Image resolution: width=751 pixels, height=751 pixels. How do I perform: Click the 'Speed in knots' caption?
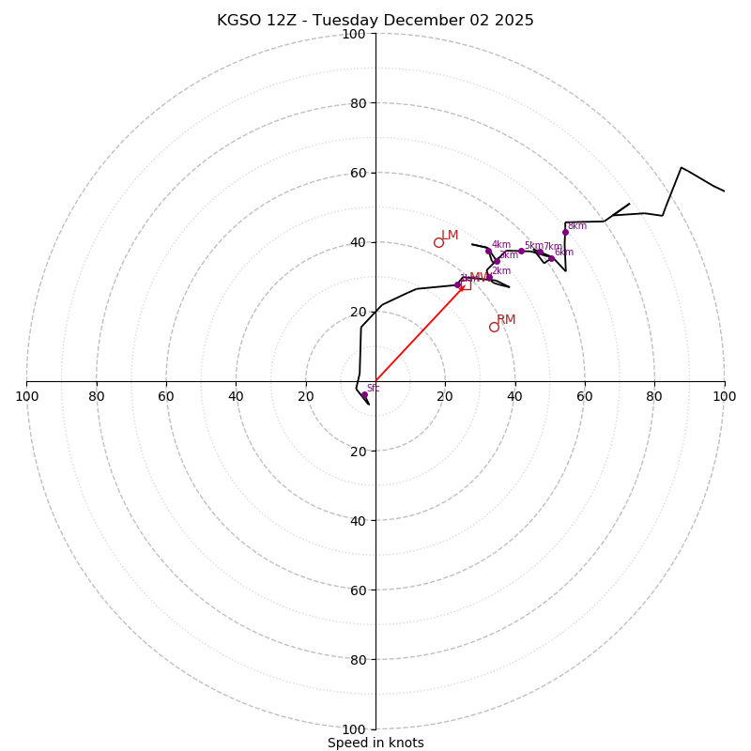375,743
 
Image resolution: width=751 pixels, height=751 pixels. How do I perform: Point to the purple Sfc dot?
364,395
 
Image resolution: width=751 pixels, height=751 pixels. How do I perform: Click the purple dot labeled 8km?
565,233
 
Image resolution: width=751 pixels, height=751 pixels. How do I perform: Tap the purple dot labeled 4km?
488,251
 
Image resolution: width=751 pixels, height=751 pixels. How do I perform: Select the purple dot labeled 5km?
521,251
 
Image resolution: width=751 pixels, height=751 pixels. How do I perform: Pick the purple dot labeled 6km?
551,258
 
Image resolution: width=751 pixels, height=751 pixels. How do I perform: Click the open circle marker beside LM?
438,242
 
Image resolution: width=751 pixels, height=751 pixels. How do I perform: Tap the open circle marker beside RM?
494,327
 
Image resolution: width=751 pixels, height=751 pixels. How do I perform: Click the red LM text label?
451,235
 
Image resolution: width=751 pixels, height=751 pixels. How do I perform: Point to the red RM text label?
506,319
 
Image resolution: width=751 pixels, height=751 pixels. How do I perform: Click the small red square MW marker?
467,284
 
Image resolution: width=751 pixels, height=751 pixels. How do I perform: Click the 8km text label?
577,225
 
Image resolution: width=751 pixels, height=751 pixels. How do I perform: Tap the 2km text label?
501,271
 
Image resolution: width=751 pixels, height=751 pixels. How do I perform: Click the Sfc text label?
373,388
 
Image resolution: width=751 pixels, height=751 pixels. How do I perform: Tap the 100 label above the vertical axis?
354,34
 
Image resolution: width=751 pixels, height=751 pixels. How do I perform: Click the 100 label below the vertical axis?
354,729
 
